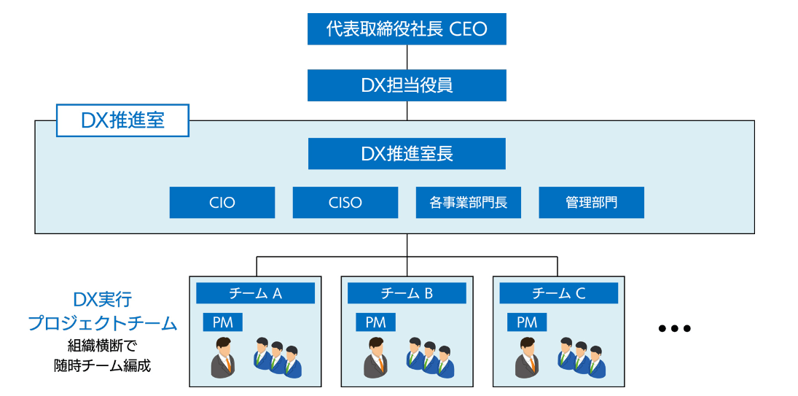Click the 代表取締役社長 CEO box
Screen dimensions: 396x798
coord(407,29)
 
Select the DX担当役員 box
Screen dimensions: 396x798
coord(407,85)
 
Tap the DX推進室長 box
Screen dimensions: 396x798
coord(407,154)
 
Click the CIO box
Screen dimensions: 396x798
coord(222,203)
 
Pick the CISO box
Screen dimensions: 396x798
coord(345,203)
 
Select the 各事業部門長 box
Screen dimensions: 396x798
coord(469,203)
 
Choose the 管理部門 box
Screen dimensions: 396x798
coord(591,203)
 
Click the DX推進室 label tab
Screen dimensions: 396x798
coord(122,121)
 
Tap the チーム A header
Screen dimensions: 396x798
coord(255,293)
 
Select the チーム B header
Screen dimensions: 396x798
coord(407,293)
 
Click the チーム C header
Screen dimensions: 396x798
coord(558,293)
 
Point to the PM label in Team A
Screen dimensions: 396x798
coord(223,322)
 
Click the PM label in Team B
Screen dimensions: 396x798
coord(375,322)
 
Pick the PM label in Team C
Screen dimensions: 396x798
coord(527,322)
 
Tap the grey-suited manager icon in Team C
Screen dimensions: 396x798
coord(527,358)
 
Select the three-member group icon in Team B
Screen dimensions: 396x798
coord(430,357)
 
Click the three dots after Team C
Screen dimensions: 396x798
coord(673,329)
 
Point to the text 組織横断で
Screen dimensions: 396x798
coord(102,346)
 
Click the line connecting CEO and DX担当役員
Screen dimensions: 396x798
coord(407,57)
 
